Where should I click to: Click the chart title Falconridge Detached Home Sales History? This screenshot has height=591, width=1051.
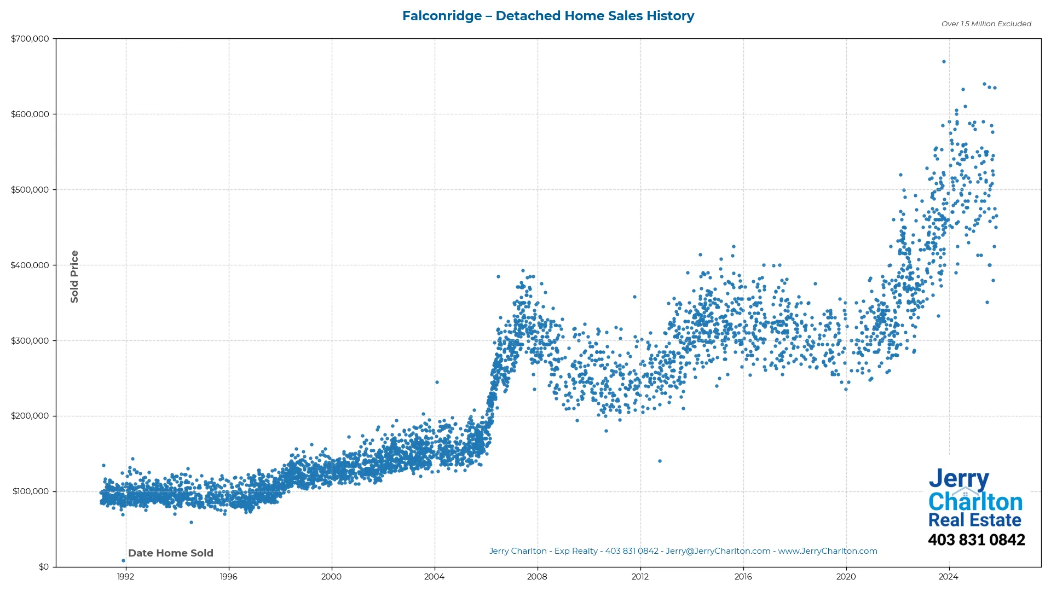548,16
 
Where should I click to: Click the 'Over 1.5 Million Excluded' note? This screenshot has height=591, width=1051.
986,24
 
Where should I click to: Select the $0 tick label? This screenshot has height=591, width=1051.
44,567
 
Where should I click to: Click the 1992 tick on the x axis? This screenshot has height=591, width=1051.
125,577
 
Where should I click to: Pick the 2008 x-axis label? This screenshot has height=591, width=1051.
537,577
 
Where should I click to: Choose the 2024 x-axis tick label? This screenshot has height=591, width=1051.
949,577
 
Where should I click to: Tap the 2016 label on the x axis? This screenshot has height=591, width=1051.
743,577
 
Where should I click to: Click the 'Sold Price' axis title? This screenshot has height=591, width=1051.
74,276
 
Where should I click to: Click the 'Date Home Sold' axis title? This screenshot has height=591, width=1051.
171,553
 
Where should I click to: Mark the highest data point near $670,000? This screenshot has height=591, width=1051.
944,62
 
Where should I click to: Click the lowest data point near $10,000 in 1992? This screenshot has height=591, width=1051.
123,560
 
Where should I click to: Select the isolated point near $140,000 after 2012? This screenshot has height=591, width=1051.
660,461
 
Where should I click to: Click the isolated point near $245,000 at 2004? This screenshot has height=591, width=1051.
437,382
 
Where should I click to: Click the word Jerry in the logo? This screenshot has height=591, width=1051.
958,479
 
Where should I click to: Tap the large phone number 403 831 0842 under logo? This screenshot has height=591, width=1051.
976,540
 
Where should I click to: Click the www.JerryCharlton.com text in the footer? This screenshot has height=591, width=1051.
827,551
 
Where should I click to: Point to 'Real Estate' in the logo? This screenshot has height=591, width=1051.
974,520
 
